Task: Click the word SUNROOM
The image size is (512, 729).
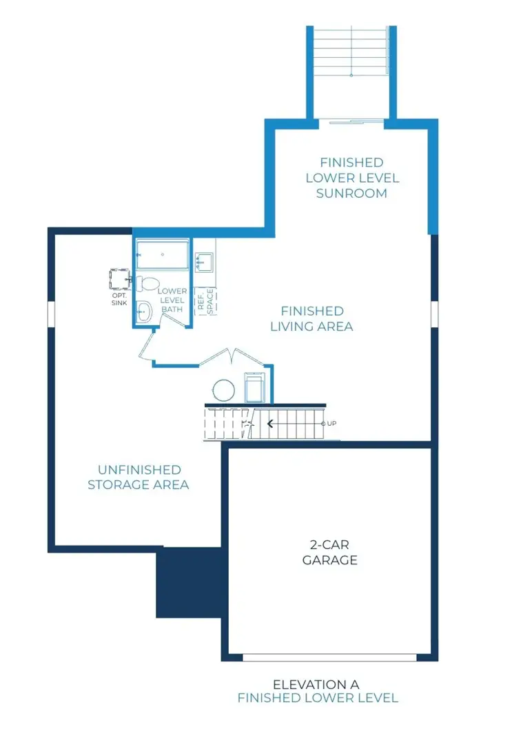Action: [x=351, y=194]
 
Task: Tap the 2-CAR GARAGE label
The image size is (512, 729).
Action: [x=329, y=553]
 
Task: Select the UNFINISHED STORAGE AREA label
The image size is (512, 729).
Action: [x=139, y=477]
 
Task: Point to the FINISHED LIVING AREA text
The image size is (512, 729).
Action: [x=311, y=318]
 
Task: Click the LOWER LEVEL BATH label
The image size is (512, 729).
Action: [x=172, y=300]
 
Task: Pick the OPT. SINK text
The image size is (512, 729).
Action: [x=119, y=299]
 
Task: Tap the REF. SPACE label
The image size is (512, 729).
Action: [x=205, y=301]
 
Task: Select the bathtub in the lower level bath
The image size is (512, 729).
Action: [x=163, y=255]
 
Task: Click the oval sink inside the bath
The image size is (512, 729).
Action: [x=144, y=312]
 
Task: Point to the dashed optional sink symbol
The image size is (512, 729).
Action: [x=121, y=279]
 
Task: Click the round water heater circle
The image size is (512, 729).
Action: [x=224, y=390]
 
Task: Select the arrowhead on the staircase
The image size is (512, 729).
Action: [x=269, y=424]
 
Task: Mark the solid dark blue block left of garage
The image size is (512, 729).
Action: [x=188, y=582]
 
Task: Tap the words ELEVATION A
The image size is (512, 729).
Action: [x=316, y=684]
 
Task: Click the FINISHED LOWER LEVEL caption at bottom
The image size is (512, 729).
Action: [x=318, y=698]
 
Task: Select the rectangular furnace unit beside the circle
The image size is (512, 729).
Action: [x=255, y=388]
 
